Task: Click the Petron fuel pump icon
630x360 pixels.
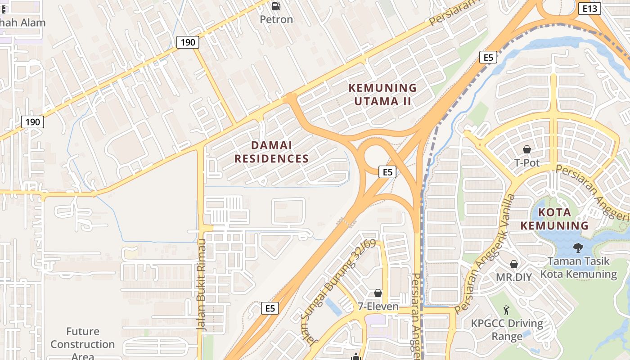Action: tap(276, 6)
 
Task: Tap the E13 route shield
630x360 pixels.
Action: tap(589, 9)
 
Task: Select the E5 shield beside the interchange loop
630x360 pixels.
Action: tap(387, 171)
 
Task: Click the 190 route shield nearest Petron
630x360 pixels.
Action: tap(188, 42)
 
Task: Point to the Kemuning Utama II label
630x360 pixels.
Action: tap(383, 94)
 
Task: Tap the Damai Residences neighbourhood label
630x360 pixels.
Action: tap(271, 152)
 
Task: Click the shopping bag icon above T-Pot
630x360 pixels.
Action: tap(526, 149)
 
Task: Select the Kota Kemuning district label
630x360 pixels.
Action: tap(554, 219)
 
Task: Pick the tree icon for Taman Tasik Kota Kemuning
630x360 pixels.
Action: tap(578, 247)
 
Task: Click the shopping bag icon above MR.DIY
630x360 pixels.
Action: tap(513, 264)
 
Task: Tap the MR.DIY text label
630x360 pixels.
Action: tap(513, 277)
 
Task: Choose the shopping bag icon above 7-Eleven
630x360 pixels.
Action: tap(378, 293)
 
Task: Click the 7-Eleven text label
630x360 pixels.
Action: tap(378, 306)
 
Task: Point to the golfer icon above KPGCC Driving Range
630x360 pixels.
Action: tap(506, 310)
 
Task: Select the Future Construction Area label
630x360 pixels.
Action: tap(82, 344)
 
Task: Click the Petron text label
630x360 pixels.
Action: tap(277, 19)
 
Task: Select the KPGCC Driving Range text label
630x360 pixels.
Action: tap(507, 329)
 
